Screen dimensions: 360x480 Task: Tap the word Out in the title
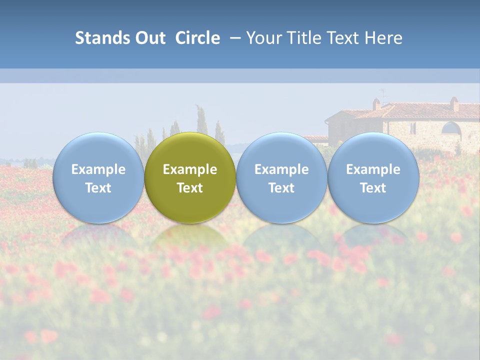pyautogui.click(x=148, y=38)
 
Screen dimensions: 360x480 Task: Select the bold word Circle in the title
pyautogui.click(x=197, y=38)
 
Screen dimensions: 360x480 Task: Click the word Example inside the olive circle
pyautogui.click(x=190, y=169)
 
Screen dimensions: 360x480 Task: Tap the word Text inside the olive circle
pyautogui.click(x=190, y=188)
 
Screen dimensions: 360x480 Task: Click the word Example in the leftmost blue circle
pyautogui.click(x=98, y=169)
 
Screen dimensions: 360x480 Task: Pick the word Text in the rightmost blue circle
pyautogui.click(x=373, y=188)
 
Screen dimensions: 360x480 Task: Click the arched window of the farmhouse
pyautogui.click(x=451, y=128)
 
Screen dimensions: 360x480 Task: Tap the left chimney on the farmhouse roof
pyautogui.click(x=376, y=104)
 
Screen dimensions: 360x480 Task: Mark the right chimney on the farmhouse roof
pyautogui.click(x=454, y=104)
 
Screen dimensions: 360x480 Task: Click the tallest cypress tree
pyautogui.click(x=201, y=120)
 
